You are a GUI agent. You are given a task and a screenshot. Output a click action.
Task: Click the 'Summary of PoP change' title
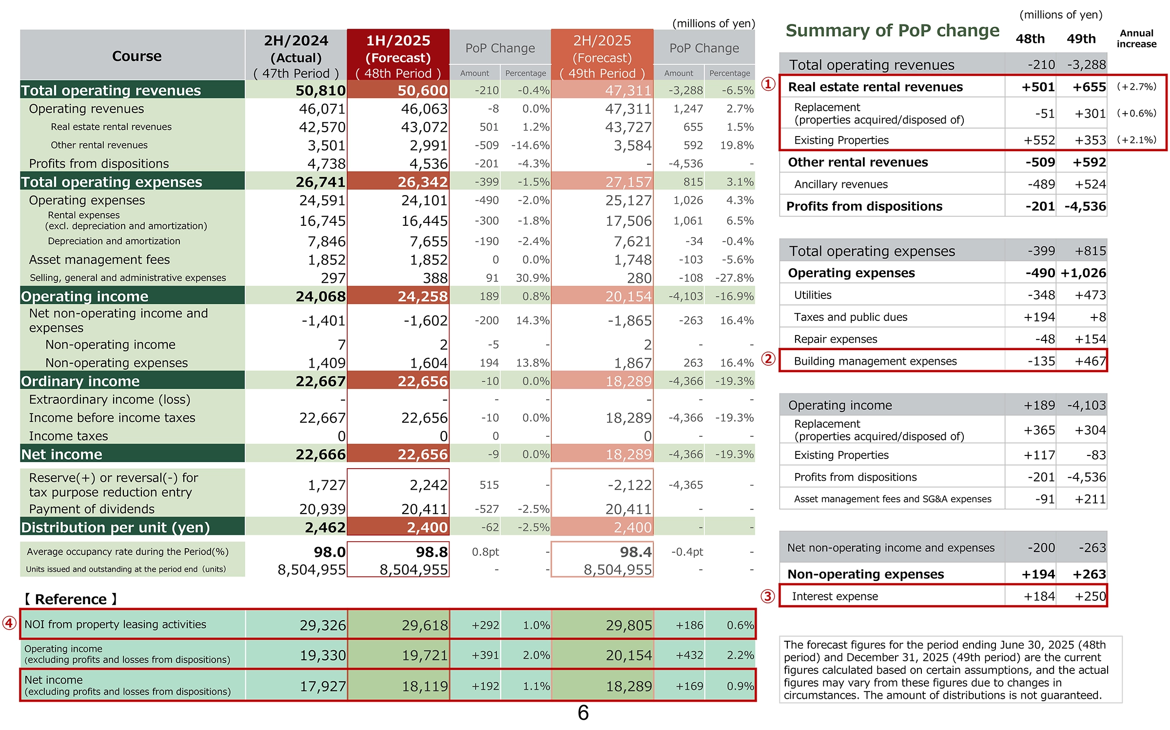click(892, 30)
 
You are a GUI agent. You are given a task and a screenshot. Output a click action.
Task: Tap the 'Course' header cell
click(136, 56)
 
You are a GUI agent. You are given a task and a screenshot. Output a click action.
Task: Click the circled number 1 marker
click(768, 84)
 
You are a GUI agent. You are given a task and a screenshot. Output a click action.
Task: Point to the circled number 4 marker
click(9, 623)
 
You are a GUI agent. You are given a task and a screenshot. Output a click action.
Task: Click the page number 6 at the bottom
click(583, 713)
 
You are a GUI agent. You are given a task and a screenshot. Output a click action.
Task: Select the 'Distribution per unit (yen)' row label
click(116, 527)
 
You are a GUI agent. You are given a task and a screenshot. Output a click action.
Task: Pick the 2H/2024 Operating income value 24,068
click(320, 296)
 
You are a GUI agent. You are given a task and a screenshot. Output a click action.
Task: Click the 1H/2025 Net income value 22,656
click(422, 454)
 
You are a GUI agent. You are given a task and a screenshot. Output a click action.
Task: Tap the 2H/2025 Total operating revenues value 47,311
click(628, 90)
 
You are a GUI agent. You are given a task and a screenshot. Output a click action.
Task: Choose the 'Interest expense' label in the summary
click(835, 596)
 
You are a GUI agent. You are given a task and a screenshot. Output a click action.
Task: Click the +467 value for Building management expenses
click(1090, 361)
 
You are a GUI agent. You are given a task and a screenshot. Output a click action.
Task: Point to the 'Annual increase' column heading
click(1136, 39)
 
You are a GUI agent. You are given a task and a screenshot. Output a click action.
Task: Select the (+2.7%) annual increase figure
click(1136, 87)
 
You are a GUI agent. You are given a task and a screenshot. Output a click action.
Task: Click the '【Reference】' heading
click(71, 599)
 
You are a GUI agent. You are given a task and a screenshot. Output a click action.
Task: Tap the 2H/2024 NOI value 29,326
click(323, 625)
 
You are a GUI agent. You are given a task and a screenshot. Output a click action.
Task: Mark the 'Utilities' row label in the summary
click(813, 295)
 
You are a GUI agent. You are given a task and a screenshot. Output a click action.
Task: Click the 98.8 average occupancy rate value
click(431, 552)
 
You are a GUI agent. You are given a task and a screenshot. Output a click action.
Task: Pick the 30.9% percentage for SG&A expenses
click(532, 278)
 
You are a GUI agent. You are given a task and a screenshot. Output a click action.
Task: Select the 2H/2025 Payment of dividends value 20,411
click(628, 509)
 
